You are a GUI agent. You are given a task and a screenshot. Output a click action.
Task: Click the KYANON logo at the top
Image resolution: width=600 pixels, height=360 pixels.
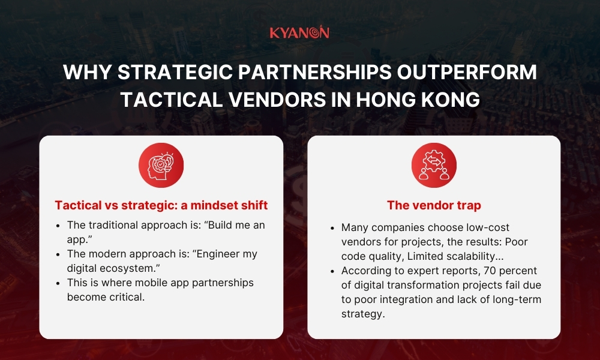299,32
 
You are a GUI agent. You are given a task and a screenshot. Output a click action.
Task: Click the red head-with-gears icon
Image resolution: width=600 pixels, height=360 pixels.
161,165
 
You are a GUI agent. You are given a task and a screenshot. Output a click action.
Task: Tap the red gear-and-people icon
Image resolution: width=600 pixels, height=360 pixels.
434,165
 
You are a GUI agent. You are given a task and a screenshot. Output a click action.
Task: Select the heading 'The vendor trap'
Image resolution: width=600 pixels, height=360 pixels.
434,205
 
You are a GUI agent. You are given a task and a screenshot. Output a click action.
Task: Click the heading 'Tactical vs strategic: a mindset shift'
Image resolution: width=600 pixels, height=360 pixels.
161,205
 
